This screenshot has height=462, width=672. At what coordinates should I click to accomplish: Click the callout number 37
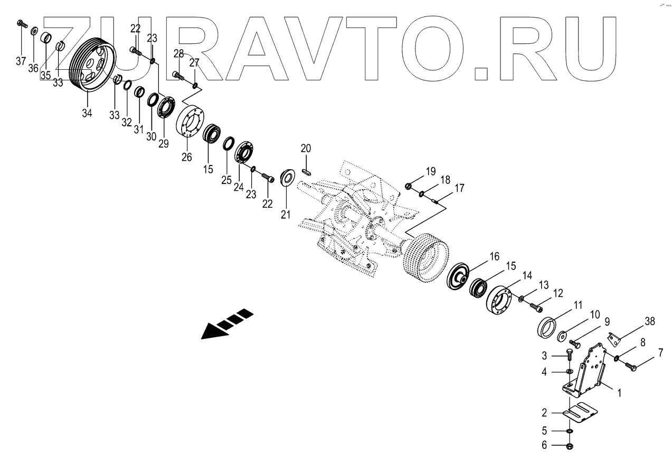tap(21, 61)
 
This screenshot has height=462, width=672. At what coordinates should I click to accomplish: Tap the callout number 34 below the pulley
tap(87, 112)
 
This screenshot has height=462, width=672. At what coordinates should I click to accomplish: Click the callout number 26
tap(187, 157)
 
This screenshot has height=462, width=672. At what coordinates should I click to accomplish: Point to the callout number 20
tap(307, 148)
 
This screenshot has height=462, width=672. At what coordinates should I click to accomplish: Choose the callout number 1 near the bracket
tap(619, 393)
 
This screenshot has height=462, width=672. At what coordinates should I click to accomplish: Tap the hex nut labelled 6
tap(571, 447)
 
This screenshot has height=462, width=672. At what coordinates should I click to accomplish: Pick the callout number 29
tap(164, 143)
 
